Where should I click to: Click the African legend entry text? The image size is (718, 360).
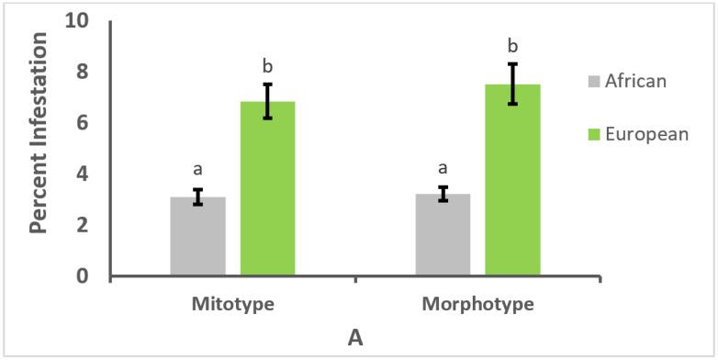635,81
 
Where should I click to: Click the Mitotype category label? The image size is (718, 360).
232,302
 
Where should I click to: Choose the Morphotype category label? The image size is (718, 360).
477,302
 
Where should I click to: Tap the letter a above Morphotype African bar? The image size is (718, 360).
443,168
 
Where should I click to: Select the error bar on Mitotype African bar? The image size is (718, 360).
197,197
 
